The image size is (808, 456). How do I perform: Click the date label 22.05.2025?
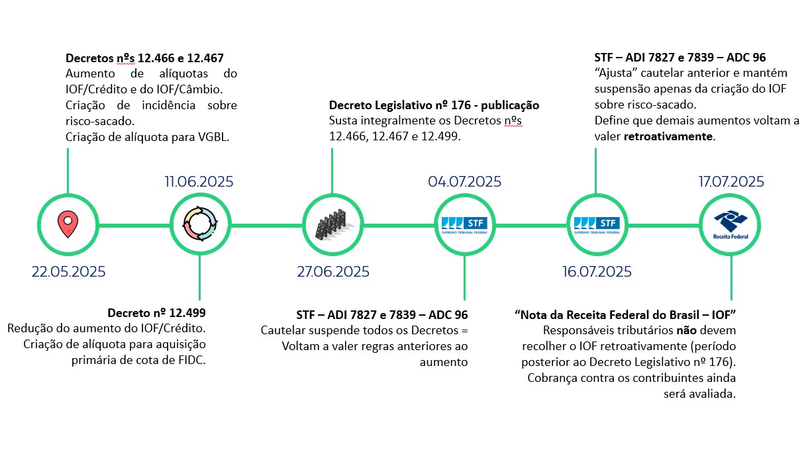[x=68, y=271]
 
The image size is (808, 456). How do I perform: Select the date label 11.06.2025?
[x=199, y=181]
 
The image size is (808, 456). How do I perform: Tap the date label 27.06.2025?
[x=332, y=271]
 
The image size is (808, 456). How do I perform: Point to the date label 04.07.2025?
[x=464, y=181]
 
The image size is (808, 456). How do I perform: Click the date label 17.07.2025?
[x=731, y=181]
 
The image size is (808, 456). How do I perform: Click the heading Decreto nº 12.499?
[x=156, y=312]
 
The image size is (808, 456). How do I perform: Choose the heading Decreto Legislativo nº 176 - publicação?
[x=434, y=105]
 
